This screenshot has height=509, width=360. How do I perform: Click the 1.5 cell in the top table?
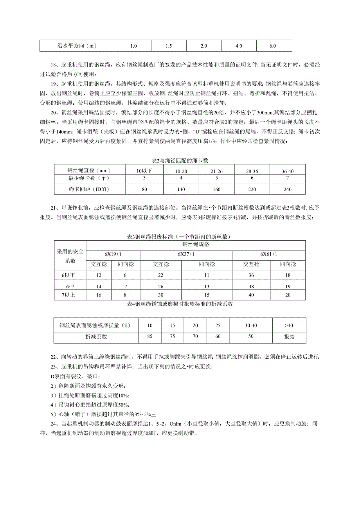tap(169, 46)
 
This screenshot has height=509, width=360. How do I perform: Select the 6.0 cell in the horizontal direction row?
tap(273, 46)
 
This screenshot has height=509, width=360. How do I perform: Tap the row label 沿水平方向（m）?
tap(77, 46)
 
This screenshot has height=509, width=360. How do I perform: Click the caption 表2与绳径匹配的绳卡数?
tap(180, 160)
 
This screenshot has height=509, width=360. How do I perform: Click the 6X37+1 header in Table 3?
tap(186, 254)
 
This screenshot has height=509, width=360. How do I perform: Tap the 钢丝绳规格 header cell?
tap(196, 245)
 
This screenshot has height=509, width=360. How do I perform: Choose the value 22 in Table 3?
tap(161, 275)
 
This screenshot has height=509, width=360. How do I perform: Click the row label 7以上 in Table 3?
tap(68, 295)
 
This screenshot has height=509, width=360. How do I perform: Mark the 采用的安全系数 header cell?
tap(70, 256)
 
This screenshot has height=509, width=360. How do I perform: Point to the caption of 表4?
tap(180, 304)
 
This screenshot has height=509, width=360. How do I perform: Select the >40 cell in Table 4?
tap(289, 326)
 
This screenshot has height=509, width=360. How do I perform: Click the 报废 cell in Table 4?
tap(289, 336)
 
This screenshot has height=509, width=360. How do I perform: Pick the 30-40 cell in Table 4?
tap(251, 326)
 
